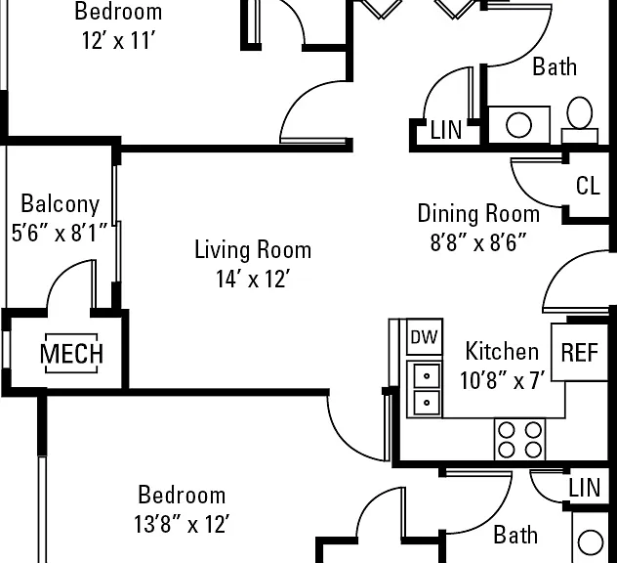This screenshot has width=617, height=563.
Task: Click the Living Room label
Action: click(x=253, y=250)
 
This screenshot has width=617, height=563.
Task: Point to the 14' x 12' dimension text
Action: click(x=253, y=279)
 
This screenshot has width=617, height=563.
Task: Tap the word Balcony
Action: click(x=61, y=204)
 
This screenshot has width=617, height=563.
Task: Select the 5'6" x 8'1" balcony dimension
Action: click(x=60, y=233)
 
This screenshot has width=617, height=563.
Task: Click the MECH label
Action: click(x=71, y=354)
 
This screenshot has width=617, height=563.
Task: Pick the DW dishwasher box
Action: click(x=425, y=337)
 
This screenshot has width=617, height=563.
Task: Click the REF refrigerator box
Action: click(x=580, y=352)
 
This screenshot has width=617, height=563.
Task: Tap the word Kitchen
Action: click(x=502, y=351)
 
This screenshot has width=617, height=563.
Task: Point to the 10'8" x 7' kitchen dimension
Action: click(x=503, y=380)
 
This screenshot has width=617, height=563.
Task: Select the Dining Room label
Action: click(x=478, y=213)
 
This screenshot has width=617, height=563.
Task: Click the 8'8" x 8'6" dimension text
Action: click(x=478, y=241)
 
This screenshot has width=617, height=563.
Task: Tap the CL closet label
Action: click(x=588, y=186)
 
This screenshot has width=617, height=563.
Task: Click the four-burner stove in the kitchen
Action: click(x=519, y=439)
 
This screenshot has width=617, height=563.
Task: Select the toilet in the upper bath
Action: click(x=580, y=120)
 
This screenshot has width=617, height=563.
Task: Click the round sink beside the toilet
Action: click(x=518, y=125)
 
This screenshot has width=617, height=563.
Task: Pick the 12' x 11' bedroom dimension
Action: click(x=119, y=40)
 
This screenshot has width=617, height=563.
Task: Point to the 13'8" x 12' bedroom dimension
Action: click(x=182, y=524)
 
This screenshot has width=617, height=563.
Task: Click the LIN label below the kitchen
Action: click(x=585, y=488)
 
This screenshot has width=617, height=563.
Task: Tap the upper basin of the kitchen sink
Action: click(x=427, y=376)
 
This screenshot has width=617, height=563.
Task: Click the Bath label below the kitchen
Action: click(x=515, y=535)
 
